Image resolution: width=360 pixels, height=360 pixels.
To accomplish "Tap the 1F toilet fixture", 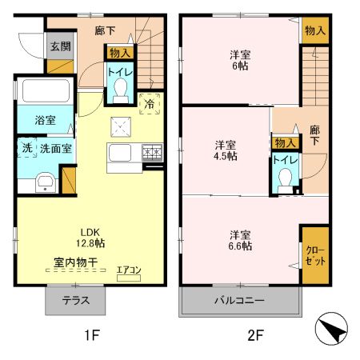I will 121,94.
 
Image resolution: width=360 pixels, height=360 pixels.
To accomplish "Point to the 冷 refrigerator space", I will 149,102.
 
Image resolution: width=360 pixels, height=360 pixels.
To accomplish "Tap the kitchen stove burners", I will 151,152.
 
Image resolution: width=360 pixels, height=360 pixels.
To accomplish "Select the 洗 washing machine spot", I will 26,148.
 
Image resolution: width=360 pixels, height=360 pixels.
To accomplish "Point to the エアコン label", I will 128,270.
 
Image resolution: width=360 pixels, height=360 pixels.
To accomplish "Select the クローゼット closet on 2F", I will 314,254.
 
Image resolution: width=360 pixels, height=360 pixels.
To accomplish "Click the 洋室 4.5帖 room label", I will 225,150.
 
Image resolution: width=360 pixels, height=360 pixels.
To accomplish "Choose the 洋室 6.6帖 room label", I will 240,241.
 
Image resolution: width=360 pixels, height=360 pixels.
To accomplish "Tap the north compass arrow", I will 333,329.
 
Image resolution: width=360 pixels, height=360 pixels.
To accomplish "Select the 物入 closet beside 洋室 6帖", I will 314,30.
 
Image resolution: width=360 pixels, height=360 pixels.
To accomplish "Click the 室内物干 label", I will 76,262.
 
